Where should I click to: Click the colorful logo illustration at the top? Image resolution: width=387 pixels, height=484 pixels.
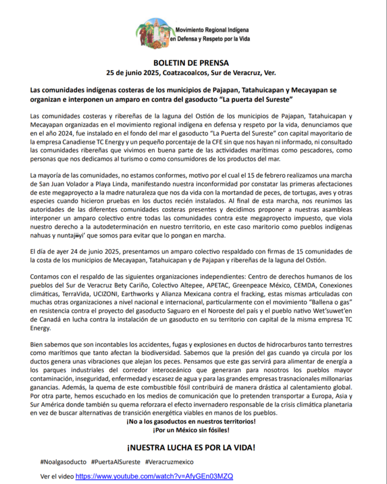pyautogui.click(x=154, y=33)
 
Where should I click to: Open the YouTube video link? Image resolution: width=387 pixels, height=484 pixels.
pyautogui.click(x=154, y=476)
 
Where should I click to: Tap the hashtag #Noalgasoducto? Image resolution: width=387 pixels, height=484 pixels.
pyautogui.click(x=64, y=461)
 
